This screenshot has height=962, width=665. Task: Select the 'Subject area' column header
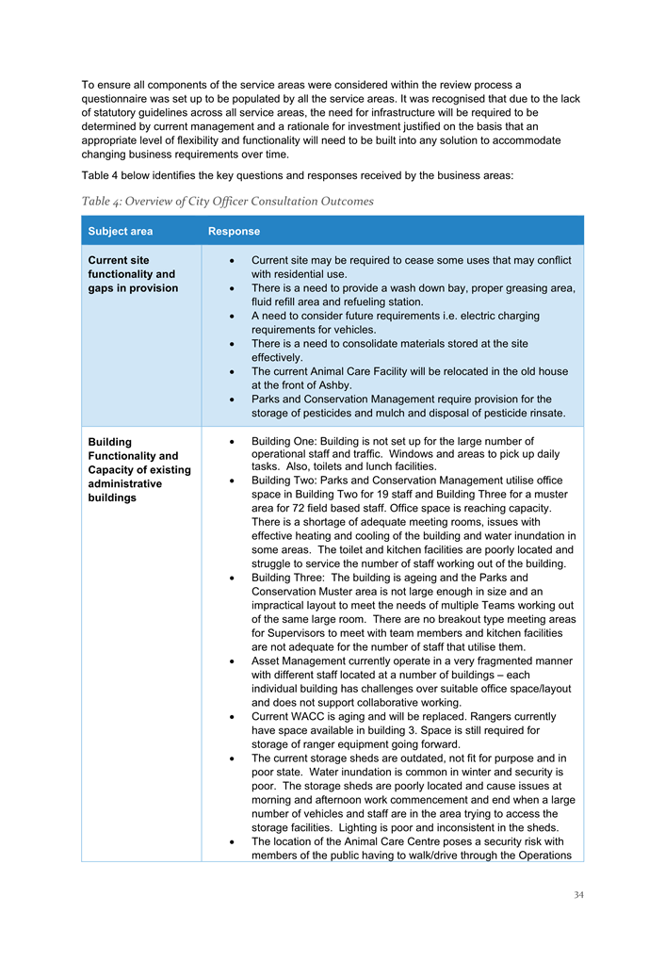coord(120,231)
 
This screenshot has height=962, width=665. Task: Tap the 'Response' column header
coord(234,231)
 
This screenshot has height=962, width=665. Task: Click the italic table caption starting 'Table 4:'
coord(227,201)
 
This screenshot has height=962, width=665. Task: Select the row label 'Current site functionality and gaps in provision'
coord(133,274)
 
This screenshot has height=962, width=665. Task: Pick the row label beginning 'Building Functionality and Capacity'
coord(138,469)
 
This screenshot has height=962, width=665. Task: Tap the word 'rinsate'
coord(542,414)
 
